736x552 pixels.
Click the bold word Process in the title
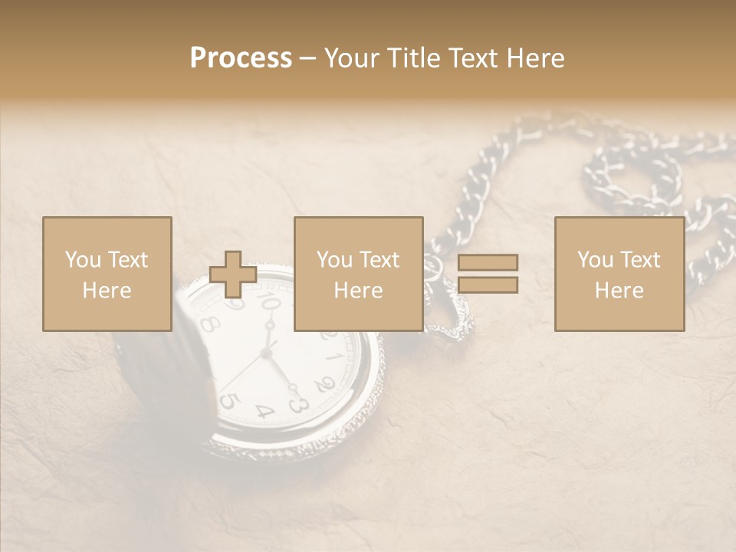pos(241,58)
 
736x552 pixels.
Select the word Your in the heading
pos(353,58)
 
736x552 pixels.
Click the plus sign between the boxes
pos(233,274)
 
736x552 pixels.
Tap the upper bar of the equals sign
pos(488,262)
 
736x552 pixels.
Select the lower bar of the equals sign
pos(488,285)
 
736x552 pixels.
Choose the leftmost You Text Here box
pos(107,274)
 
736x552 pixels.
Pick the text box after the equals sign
pos(619,274)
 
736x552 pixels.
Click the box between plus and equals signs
pos(358,274)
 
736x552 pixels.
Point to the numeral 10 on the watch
pos(270,304)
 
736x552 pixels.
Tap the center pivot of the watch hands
pos(267,353)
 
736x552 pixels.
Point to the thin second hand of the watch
pos(244,372)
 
